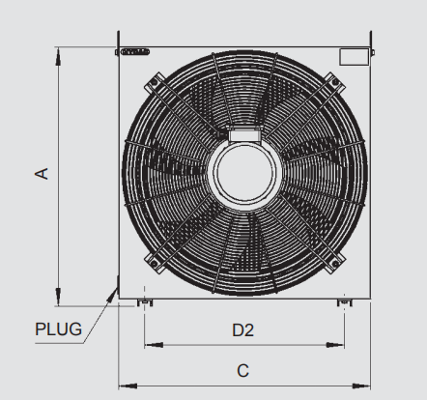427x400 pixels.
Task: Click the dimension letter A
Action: tap(42, 173)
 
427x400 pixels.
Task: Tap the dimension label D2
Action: tap(242, 330)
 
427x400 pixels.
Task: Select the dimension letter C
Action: tap(243, 371)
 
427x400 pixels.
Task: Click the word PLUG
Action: tap(58, 329)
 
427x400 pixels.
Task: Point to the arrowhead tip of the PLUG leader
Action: tap(117, 288)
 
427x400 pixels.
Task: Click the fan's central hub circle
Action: tap(244, 173)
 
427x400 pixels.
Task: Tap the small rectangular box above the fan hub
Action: tap(243, 135)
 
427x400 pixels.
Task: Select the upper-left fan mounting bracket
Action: tap(156, 83)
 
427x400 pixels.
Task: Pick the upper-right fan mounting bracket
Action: tap(333, 83)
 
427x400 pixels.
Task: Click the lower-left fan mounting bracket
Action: tap(156, 263)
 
